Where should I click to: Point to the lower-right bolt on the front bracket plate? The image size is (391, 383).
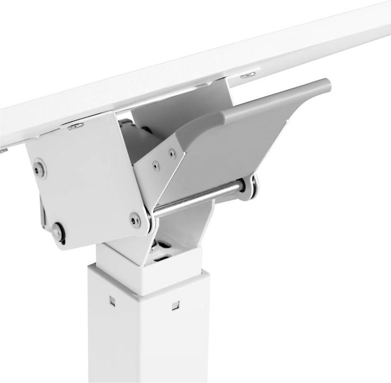pos(135,219)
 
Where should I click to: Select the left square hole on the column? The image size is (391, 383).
pos(112,300)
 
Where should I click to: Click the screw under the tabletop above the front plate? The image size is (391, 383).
pos(75,126)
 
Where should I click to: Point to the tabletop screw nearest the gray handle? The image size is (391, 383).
pos(248,75)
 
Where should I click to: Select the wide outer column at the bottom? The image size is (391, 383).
pos(147,337)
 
